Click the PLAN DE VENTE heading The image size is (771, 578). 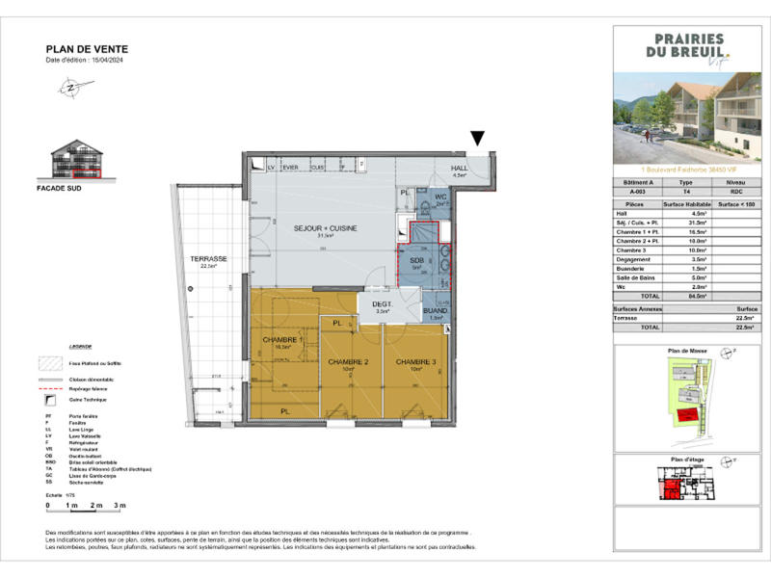(x=87, y=49)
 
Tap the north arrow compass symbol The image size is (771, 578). (x=71, y=87)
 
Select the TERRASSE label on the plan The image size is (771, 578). (x=207, y=260)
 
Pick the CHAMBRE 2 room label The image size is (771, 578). (x=348, y=362)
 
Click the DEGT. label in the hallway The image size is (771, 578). (x=382, y=303)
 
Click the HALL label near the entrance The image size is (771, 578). (x=460, y=169)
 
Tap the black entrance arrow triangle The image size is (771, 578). (x=477, y=141)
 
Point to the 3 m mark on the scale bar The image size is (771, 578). (x=120, y=505)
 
